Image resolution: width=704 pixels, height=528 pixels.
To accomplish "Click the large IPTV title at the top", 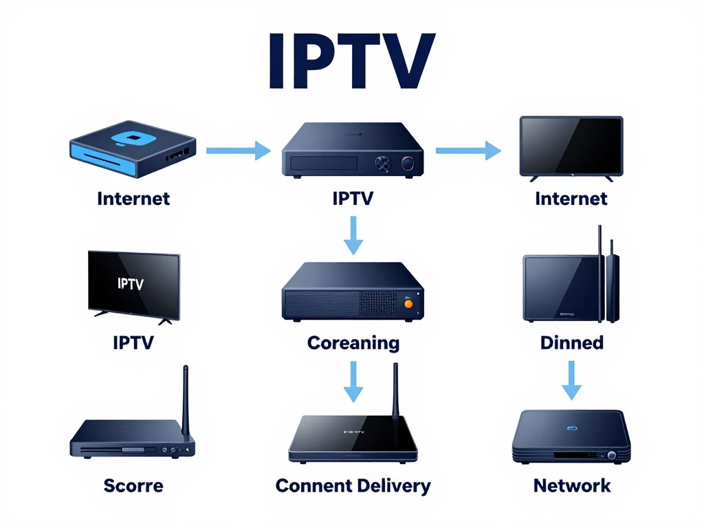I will point(351,62).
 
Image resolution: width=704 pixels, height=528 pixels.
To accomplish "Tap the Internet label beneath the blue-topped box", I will point(133,199).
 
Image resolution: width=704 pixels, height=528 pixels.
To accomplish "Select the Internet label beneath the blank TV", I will point(571,199).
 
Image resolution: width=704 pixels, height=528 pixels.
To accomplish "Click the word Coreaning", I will point(353,342).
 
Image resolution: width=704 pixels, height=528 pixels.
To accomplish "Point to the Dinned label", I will point(572,342).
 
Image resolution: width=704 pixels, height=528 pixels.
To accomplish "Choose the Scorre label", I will point(133,485).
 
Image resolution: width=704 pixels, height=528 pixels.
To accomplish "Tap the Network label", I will point(572,485).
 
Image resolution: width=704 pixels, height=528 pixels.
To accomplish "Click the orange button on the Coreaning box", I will point(408,302).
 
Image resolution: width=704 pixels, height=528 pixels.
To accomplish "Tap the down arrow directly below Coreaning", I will point(353,382).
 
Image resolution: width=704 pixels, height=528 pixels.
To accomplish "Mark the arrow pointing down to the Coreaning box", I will point(353,235).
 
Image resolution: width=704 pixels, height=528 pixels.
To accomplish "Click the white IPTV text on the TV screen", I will point(131,283).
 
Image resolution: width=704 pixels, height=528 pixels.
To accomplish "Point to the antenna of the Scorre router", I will point(185,399).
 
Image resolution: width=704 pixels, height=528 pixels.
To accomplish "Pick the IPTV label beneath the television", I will point(133,342).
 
